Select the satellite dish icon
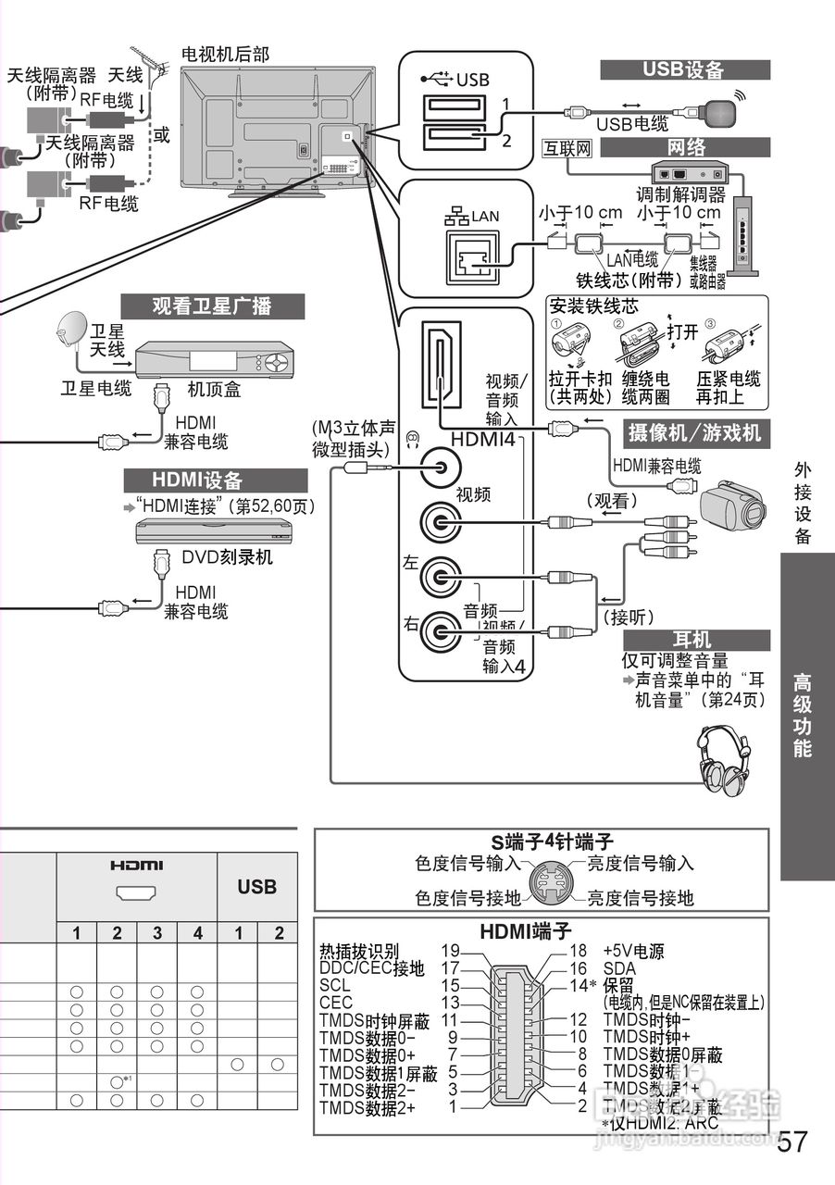pos(70,329)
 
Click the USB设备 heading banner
pos(685,70)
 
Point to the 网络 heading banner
pos(685,147)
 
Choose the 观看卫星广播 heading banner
pos(213,306)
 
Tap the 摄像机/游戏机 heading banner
pos(694,431)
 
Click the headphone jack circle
pos(440,466)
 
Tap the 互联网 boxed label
pos(567,148)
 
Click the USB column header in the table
pos(256,887)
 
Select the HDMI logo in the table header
pos(136,866)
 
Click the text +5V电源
pos(634,951)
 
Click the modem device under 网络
pos(687,173)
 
